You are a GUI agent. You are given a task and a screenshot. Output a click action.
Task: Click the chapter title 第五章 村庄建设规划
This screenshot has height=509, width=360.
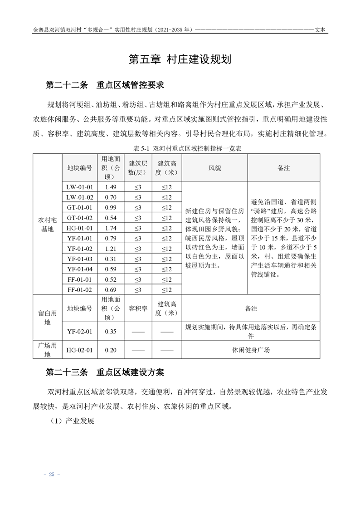pyautogui.click(x=180, y=59)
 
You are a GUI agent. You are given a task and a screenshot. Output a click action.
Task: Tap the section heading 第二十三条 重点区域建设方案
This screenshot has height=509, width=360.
pyautogui.click(x=105, y=372)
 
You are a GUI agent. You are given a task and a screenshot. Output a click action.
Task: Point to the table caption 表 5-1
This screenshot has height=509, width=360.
pyautogui.click(x=180, y=148)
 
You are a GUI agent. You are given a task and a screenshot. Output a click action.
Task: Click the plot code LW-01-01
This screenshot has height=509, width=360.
pyautogui.click(x=79, y=187)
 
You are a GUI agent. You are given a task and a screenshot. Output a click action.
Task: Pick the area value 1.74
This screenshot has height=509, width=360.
pyautogui.click(x=111, y=228)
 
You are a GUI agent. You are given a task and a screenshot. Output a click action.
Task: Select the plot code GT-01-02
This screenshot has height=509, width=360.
pyautogui.click(x=79, y=218)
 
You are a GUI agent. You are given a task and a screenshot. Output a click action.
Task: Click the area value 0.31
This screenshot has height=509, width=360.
pyautogui.click(x=111, y=259)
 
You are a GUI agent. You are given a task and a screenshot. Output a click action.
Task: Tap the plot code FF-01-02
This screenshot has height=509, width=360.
pyautogui.click(x=79, y=289)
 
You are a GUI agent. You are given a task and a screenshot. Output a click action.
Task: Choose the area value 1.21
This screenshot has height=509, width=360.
pyautogui.click(x=111, y=249)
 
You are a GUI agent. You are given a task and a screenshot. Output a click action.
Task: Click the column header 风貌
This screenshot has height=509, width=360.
pyautogui.click(x=214, y=168)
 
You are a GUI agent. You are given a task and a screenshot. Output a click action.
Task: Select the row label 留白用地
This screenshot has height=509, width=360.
pyautogui.click(x=47, y=317)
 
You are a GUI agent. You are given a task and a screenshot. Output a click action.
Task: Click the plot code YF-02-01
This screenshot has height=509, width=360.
pyautogui.click(x=79, y=331)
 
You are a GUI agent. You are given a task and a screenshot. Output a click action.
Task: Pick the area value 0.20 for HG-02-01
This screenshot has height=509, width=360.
pyautogui.click(x=111, y=350)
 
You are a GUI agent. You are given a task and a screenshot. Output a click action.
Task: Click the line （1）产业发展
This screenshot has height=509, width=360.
pyautogui.click(x=71, y=421)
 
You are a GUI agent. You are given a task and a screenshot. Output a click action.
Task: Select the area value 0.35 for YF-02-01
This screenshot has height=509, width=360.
pyautogui.click(x=111, y=331)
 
